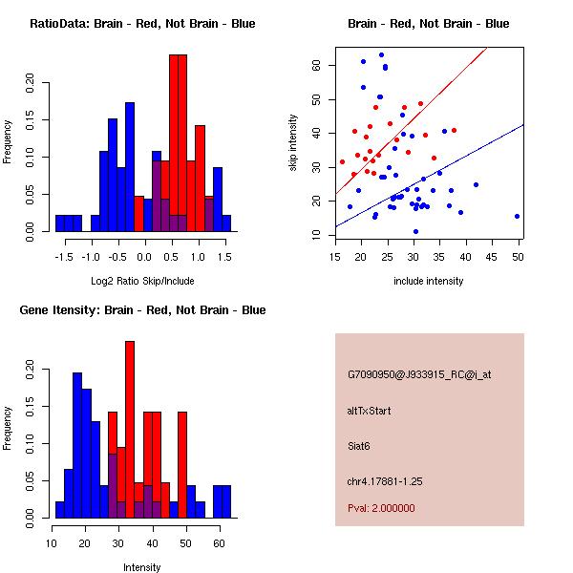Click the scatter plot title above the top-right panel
click(429, 24)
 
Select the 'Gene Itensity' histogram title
click(141, 310)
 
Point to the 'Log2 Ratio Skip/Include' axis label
click(142, 281)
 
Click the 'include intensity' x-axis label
click(429, 281)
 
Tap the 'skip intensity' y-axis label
click(294, 142)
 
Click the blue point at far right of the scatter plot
click(517, 216)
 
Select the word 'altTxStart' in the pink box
click(370, 411)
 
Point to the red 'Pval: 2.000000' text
click(381, 508)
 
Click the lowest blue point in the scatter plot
click(415, 231)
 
